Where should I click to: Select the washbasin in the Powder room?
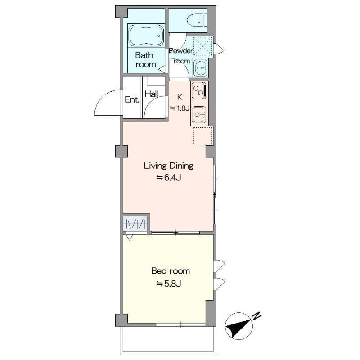200,68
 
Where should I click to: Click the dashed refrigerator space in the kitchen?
202,135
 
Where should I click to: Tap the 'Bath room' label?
145,60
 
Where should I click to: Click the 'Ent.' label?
132,100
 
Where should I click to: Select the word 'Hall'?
151,94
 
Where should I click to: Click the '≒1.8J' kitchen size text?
180,108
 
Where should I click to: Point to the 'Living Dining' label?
168,166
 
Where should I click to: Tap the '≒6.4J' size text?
168,178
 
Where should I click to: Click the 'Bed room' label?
170,271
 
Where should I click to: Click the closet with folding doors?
135,224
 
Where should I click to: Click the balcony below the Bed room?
168,340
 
